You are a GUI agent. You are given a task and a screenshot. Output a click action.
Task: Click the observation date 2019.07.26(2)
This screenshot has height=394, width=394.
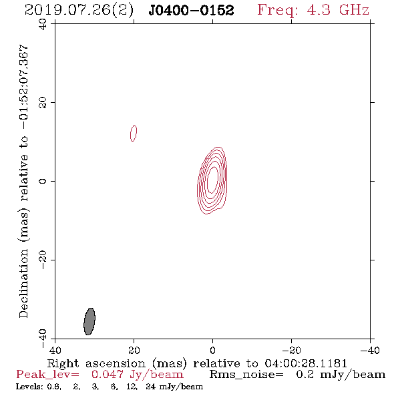pyautogui.click(x=79, y=11)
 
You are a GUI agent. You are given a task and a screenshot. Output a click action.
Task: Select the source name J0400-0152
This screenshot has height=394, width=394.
pyautogui.click(x=191, y=11)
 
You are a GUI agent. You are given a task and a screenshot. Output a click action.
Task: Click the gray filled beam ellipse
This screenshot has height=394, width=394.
pyautogui.click(x=89, y=321)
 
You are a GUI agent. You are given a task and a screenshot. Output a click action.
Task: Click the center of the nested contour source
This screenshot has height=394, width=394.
pyautogui.click(x=212, y=180)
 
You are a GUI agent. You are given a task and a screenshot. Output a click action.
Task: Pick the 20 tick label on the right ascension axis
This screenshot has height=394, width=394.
pyautogui.click(x=134, y=350)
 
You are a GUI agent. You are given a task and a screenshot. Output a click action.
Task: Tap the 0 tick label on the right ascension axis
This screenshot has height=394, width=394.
pyautogui.click(x=213, y=350)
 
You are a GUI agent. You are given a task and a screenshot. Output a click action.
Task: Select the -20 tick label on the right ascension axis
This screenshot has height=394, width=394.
pyautogui.click(x=291, y=350)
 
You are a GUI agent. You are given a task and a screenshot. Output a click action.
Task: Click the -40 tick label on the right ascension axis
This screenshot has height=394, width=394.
pyautogui.click(x=370, y=350)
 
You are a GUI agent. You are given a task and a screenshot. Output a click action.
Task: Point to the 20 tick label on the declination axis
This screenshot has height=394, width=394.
pyautogui.click(x=43, y=103)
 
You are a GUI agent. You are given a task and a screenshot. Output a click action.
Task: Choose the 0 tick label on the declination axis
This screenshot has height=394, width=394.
pyautogui.click(x=43, y=181)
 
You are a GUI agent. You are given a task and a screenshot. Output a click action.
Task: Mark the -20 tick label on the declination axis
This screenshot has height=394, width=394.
pyautogui.click(x=43, y=260)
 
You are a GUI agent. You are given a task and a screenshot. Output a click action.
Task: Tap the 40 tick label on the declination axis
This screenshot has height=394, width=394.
pyautogui.click(x=43, y=24)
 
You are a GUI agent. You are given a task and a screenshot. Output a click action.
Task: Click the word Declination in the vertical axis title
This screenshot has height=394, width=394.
pyautogui.click(x=23, y=284)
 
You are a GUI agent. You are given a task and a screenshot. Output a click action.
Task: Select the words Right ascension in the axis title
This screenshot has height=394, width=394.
pyautogui.click(x=96, y=363)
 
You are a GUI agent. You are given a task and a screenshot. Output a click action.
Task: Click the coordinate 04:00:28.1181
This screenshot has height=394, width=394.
pyautogui.click(x=306, y=363)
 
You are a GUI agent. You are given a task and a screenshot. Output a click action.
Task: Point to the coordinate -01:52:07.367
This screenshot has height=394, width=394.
pyautogui.click(x=24, y=87)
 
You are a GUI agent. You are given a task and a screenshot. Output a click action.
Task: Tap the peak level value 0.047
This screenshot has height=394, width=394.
pyautogui.click(x=108, y=375)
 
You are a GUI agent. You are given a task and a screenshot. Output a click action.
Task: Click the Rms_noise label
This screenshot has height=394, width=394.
pyautogui.click(x=246, y=375)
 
